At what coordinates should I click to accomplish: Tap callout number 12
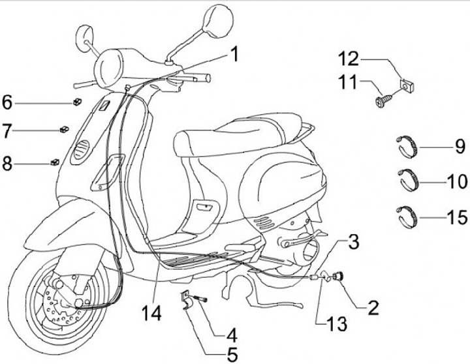(348, 59)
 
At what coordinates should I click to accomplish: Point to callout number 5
(232, 356)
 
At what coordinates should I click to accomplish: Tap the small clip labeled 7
(64, 129)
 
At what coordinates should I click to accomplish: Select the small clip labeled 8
(55, 161)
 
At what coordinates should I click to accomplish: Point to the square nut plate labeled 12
(405, 83)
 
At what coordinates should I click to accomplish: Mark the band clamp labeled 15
(408, 215)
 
